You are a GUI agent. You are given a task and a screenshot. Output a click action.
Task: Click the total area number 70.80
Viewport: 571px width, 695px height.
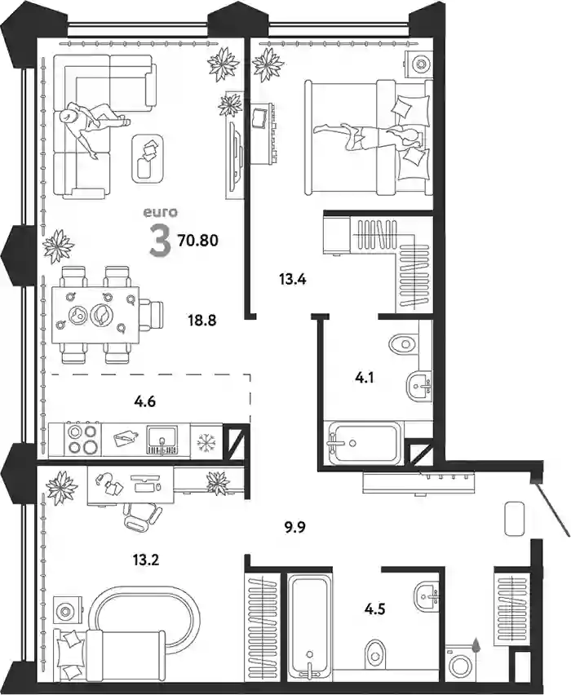[197, 241]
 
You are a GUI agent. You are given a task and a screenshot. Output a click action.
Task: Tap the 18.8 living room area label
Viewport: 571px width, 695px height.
[201, 320]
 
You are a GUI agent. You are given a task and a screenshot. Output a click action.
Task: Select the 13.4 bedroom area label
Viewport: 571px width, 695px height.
[293, 280]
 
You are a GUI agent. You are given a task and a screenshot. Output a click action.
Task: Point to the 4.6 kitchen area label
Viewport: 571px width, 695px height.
[146, 402]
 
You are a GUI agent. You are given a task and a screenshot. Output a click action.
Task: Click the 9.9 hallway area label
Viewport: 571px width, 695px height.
[294, 528]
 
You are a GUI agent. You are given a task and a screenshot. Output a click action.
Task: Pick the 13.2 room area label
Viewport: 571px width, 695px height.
[146, 560]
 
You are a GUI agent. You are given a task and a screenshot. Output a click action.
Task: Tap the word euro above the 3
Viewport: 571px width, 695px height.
[160, 213]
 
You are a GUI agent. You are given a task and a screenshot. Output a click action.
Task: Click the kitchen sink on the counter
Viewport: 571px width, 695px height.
[162, 440]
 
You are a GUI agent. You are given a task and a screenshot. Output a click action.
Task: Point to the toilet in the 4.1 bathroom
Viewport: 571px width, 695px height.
[405, 343]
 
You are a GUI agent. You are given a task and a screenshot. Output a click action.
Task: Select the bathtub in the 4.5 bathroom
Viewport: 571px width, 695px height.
[309, 632]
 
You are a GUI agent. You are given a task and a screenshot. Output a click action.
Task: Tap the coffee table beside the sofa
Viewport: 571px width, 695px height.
[148, 158]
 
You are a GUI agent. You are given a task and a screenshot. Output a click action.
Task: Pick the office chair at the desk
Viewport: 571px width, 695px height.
[142, 516]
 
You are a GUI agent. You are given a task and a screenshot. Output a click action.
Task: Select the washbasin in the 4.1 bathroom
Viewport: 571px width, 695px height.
[420, 386]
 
